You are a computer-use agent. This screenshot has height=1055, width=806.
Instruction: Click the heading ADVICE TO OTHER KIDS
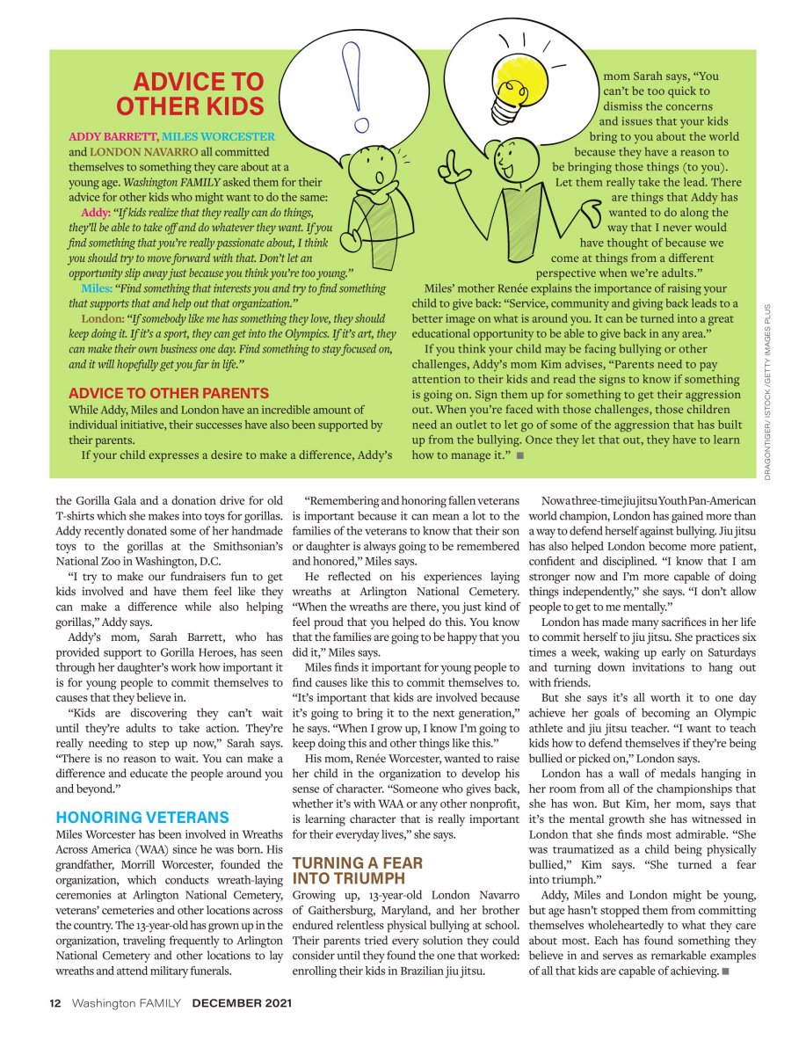pyautogui.click(x=190, y=94)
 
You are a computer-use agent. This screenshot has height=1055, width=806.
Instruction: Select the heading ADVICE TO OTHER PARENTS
pyautogui.click(x=169, y=393)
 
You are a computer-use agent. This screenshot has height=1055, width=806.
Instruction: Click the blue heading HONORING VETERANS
pyautogui.click(x=142, y=817)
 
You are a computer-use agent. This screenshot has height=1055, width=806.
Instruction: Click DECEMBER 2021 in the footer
pyautogui.click(x=242, y=1001)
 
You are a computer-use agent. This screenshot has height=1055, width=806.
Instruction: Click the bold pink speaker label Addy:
pyautogui.click(x=95, y=213)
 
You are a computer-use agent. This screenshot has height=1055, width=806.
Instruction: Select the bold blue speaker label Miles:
pyautogui.click(x=96, y=287)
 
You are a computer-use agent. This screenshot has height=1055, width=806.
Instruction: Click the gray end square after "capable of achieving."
pyautogui.click(x=724, y=971)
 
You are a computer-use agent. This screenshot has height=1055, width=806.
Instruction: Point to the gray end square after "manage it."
pyautogui.click(x=520, y=455)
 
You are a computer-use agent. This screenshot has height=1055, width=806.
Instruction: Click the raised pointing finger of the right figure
pyautogui.click(x=451, y=160)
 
